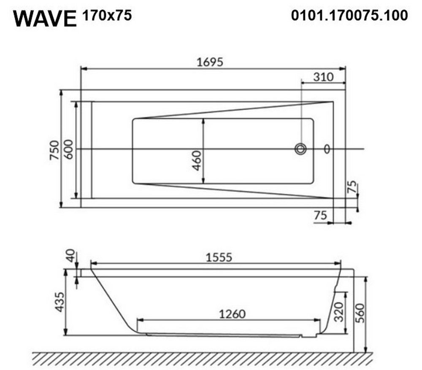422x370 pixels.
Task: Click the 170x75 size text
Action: pyautogui.click(x=107, y=15)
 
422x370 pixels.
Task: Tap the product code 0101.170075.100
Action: pyautogui.click(x=349, y=15)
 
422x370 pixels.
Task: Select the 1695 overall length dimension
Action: pyautogui.click(x=210, y=62)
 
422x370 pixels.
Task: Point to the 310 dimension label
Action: pyautogui.click(x=323, y=77)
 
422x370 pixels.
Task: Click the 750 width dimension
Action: pyautogui.click(x=54, y=150)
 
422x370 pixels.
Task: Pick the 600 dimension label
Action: pyautogui.click(x=69, y=149)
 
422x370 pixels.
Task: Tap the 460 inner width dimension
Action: pyautogui.click(x=197, y=160)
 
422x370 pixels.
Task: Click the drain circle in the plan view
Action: pyautogui.click(x=300, y=149)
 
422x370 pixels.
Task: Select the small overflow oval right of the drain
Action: pyautogui.click(x=327, y=149)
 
